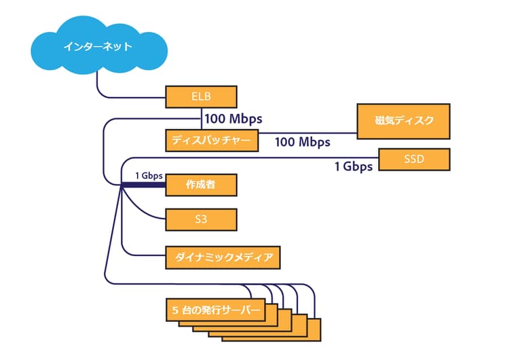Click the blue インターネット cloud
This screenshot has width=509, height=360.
click(x=98, y=46)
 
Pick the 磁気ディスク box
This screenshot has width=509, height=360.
click(x=404, y=121)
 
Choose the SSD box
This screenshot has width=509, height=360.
click(x=414, y=161)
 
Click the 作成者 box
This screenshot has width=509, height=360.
click(x=201, y=184)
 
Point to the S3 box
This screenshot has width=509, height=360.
click(x=201, y=219)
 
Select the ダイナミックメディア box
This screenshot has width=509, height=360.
click(x=223, y=257)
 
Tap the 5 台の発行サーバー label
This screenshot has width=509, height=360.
click(x=214, y=310)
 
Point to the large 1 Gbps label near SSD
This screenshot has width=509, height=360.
click(x=353, y=166)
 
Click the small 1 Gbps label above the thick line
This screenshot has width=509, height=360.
click(x=149, y=175)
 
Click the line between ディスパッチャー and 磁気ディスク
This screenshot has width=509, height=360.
click(x=305, y=133)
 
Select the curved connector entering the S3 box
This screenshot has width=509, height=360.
click(x=146, y=214)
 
